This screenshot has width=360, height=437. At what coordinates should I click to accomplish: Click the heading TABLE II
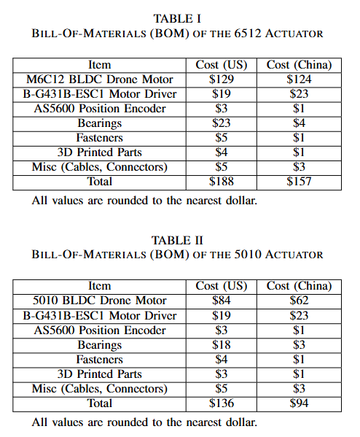(179, 239)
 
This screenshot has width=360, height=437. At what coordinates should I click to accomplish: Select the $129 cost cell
(222, 80)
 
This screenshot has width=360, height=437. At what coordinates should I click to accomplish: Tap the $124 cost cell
(299, 80)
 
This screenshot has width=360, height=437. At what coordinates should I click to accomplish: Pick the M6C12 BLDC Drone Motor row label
(99, 80)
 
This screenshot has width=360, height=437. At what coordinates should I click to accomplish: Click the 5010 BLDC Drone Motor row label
(99, 301)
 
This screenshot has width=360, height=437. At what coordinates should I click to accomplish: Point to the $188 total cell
(222, 182)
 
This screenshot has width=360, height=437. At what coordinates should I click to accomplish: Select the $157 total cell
(299, 182)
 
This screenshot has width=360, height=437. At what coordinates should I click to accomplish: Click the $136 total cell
(222, 403)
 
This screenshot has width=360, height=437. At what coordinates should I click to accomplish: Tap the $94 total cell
(299, 403)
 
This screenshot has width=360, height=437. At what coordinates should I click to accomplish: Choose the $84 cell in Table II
(222, 301)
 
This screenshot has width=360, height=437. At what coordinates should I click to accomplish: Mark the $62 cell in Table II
(299, 301)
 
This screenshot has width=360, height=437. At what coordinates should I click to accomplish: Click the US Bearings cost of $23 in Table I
(222, 123)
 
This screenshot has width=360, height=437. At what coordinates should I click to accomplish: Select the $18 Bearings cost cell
(222, 344)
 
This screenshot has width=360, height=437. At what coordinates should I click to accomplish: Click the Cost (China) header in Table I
(299, 65)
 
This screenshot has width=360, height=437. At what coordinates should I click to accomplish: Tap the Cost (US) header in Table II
(222, 286)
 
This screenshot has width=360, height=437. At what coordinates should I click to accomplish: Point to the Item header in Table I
(99, 65)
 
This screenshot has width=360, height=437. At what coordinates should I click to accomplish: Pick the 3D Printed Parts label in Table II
(99, 374)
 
